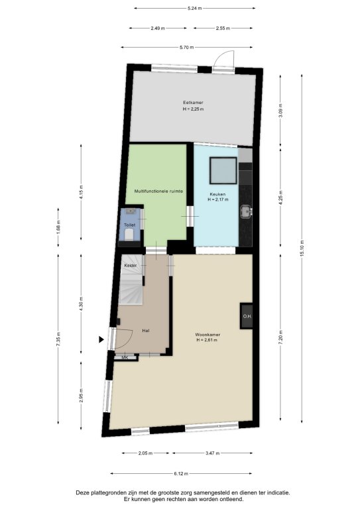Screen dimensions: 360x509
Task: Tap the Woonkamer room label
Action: coord(208,334)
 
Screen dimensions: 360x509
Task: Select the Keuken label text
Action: coord(217,194)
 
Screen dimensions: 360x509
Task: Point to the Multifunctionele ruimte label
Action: coord(158,191)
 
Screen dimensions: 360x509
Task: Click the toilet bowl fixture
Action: coord(129,235)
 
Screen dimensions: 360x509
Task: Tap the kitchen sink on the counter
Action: coord(246,212)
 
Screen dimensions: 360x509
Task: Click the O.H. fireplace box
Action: coord(247,316)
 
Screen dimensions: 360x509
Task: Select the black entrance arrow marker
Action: coord(101,339)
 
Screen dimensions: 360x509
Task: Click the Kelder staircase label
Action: coord(131,266)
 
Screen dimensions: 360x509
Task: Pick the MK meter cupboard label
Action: coord(125,357)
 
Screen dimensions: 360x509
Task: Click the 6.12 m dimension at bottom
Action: coord(181,474)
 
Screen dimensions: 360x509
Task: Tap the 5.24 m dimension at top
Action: coord(194,8)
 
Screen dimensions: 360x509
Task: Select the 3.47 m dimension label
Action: coord(212,453)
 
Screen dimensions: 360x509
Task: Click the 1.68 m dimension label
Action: coord(58,227)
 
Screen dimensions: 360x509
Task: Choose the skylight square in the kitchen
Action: coord(223,170)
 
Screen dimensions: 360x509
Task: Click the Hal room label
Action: coord(146,331)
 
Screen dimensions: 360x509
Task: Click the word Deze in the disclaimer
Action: coord(82,493)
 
